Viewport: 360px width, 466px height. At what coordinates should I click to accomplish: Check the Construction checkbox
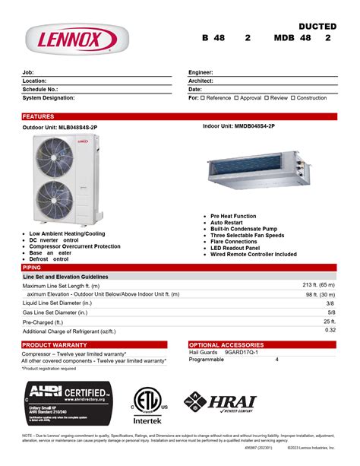click(x=293, y=98)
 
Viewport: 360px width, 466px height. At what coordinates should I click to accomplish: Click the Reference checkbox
click(x=204, y=98)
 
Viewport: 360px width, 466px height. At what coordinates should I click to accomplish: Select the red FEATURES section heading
click(x=39, y=116)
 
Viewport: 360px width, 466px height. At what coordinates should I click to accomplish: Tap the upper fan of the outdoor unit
click(x=57, y=159)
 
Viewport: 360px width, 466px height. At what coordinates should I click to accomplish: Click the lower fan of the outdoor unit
click(x=57, y=202)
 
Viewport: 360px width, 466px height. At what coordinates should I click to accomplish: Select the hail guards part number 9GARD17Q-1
click(x=242, y=353)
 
